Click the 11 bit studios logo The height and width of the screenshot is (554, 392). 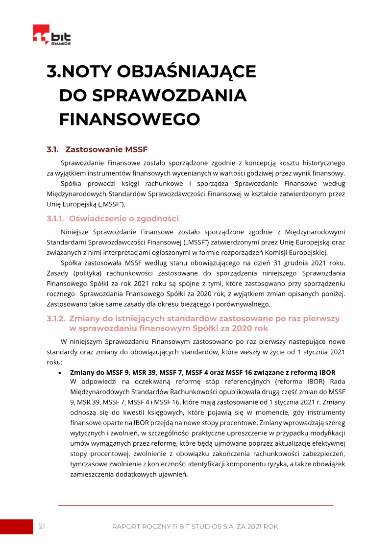(x=51, y=35)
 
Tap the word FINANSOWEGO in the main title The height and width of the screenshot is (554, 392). (x=129, y=119)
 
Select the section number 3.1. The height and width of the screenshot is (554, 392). (x=52, y=149)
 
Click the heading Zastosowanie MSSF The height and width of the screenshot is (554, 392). (x=106, y=149)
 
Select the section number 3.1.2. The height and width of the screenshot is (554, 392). (x=55, y=318)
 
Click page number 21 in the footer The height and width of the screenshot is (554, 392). (x=42, y=526)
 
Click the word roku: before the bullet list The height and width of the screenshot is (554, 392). (x=54, y=362)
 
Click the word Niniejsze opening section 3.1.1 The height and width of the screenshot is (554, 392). (x=75, y=232)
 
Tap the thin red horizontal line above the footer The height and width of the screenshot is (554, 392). (x=196, y=505)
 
